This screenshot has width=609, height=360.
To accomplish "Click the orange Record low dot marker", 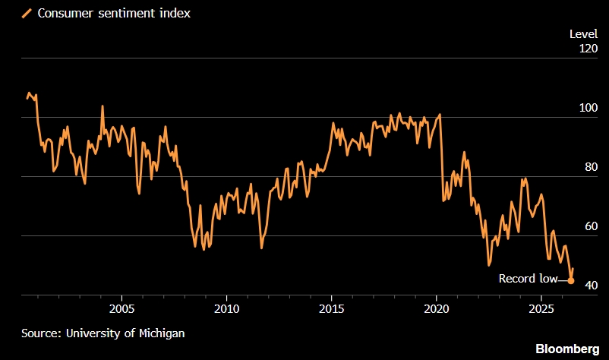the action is (570, 280).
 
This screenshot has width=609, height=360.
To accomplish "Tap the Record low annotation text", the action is (528, 279).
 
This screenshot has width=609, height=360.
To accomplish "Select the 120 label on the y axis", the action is (588, 49).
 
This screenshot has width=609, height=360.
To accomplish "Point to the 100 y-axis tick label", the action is (588, 108).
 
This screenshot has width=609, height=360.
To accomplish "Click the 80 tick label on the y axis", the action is (591, 167).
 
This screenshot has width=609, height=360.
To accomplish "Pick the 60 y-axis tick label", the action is (591, 226).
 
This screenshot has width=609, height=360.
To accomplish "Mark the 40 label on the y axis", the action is (591, 285).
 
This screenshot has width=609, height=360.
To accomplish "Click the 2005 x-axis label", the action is (122, 309).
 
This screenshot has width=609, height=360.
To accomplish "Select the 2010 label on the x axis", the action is (227, 309).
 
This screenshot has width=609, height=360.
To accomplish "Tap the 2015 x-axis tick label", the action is (331, 309).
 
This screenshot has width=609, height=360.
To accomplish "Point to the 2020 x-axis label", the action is (436, 309).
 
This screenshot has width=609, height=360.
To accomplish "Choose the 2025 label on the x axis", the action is (541, 309).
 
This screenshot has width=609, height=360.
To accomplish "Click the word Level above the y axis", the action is (583, 34).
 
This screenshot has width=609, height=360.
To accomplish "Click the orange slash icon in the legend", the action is (27, 14).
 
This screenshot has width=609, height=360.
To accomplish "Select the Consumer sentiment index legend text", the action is (114, 13).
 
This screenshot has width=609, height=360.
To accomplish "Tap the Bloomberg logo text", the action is (567, 349).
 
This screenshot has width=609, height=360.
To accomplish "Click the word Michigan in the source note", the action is (162, 333).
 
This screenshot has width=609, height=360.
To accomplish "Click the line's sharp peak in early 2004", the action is (103, 106).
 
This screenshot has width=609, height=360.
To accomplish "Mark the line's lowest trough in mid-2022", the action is (489, 265).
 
